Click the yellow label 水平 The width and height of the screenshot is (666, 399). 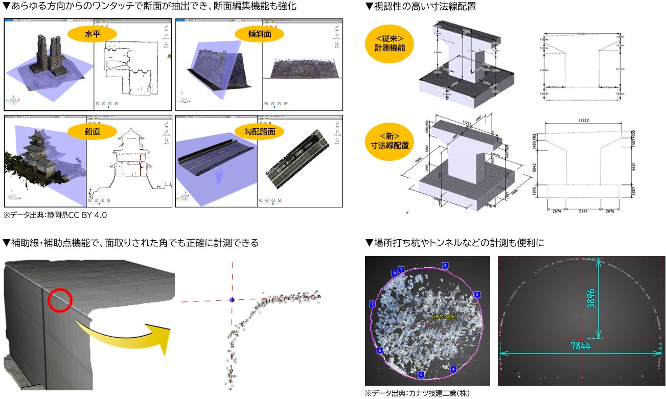tap(93, 34)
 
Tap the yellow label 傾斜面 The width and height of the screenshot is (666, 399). tap(260, 34)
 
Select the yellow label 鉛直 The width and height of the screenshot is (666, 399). tap(93, 131)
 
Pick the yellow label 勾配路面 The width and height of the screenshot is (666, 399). tap(260, 131)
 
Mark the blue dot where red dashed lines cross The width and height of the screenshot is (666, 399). tap(232, 300)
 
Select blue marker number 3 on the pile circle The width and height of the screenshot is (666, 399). tap(476, 295)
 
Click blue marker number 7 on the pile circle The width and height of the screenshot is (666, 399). tap(372, 304)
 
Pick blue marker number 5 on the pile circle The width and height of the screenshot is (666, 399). tap(421, 374)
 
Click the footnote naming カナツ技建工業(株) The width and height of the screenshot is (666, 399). tap(417, 393)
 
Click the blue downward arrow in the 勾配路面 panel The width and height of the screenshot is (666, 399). tap(218, 177)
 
